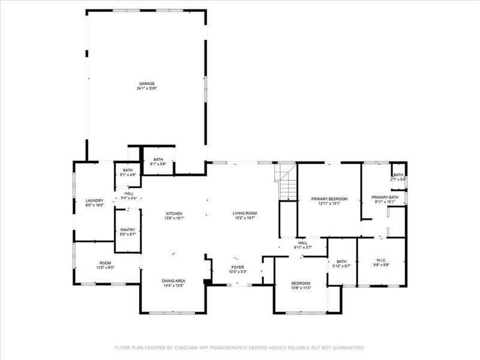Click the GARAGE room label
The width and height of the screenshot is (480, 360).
[147, 83]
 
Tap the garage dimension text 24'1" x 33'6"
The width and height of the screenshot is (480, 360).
[147, 88]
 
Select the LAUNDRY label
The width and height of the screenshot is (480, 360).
[95, 200]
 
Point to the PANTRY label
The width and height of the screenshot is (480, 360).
[127, 229]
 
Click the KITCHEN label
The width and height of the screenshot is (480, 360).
[174, 213]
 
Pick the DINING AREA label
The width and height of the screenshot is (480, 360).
[173, 281]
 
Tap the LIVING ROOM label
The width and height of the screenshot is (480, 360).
[245, 213]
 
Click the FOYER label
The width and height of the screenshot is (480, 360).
[238, 267]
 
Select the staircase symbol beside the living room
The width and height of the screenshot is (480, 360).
[287, 183]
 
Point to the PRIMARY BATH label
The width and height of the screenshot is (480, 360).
[385, 197]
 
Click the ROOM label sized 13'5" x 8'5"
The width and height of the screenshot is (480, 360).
[106, 263]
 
